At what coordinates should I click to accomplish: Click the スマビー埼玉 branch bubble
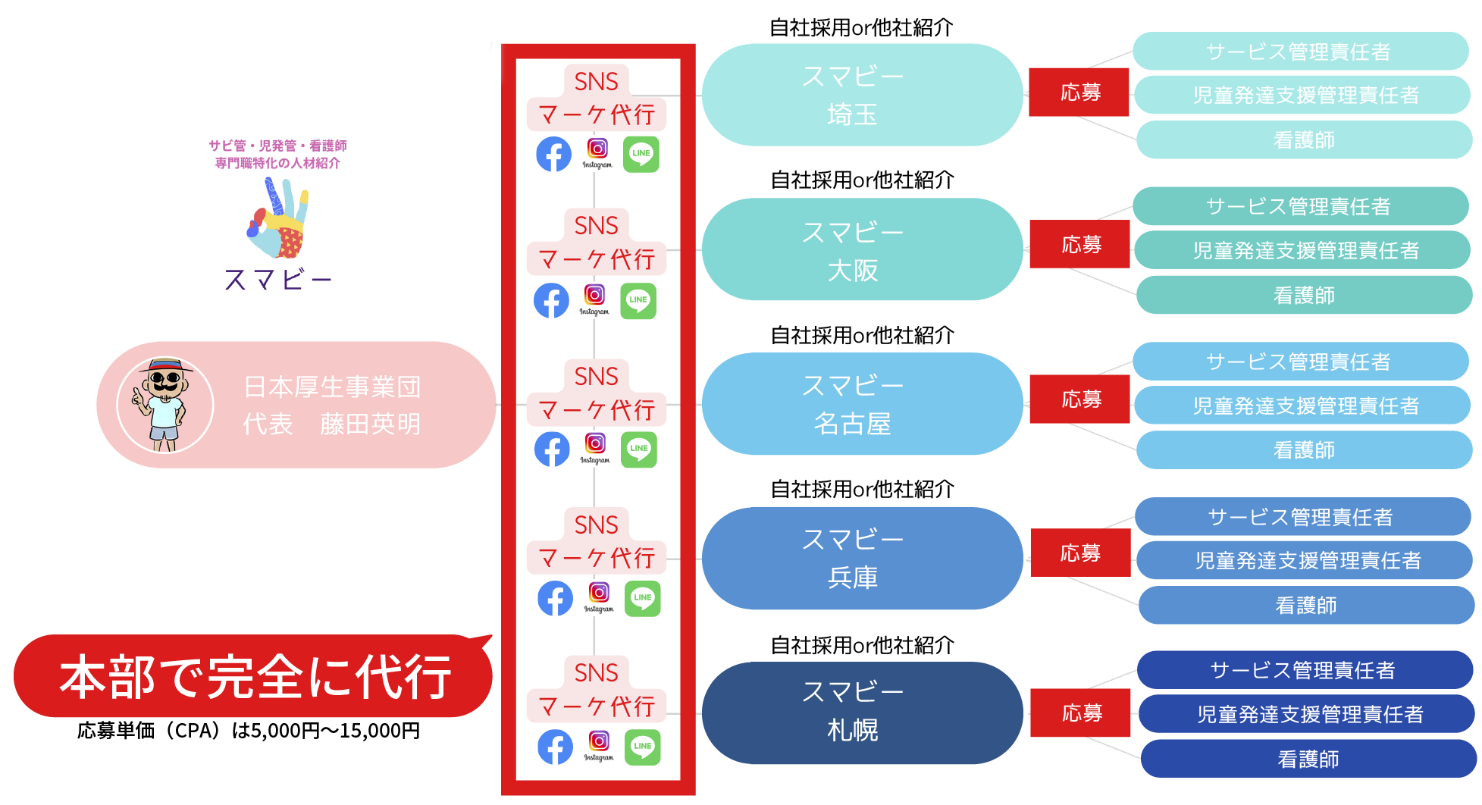coord(861,95)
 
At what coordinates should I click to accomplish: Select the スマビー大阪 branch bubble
coord(861,249)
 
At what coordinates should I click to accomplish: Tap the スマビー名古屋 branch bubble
coord(861,404)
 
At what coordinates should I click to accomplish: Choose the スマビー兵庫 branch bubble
coord(861,559)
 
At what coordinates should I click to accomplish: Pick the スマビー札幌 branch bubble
coord(861,713)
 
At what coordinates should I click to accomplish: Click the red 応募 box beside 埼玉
coord(1079,92)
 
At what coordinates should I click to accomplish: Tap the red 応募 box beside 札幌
coord(1080,713)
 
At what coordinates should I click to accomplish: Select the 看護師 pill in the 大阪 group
coord(1304,295)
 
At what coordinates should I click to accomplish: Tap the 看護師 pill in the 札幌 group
coord(1308,759)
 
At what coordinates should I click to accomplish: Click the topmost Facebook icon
coord(554,155)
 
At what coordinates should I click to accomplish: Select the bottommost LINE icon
coord(642,747)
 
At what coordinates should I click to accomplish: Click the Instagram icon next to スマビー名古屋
coord(596,443)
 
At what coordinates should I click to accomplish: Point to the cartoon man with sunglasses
coord(164,405)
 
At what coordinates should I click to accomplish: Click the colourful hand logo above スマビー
coord(279,219)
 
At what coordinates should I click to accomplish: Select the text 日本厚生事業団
coord(332,387)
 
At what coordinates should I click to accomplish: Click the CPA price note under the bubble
coord(249,731)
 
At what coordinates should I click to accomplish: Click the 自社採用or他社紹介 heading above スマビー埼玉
coord(861,28)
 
